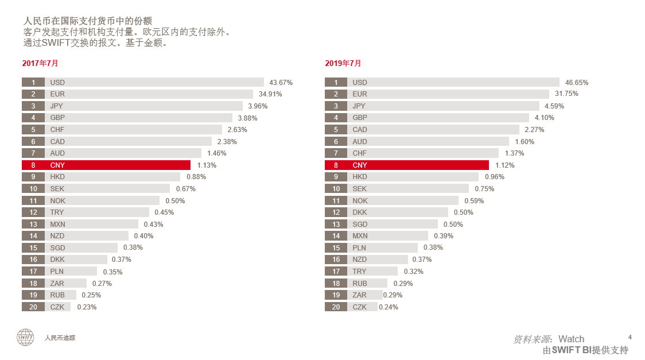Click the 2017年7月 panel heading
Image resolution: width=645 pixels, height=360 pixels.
(x=40, y=63)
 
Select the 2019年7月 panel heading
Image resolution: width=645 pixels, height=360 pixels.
(x=343, y=63)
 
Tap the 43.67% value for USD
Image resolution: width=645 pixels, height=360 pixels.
(x=281, y=82)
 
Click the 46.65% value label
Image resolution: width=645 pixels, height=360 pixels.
(x=577, y=82)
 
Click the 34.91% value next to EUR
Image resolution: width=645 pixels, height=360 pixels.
(x=270, y=94)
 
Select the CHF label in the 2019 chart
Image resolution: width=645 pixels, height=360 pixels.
(x=360, y=153)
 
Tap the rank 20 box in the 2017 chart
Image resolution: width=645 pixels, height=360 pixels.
(x=33, y=307)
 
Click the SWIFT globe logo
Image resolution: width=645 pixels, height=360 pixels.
(x=25, y=337)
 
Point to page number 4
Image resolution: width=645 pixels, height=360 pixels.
(x=630, y=336)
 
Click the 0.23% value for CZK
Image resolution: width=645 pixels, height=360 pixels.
(x=87, y=307)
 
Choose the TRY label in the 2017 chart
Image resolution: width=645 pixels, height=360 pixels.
(x=57, y=212)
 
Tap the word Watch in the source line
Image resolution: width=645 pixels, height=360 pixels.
(x=571, y=339)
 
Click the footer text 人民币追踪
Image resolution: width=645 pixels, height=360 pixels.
(x=60, y=338)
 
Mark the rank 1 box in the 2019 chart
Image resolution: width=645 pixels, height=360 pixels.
(x=336, y=82)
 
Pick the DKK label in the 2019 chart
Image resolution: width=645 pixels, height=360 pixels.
(x=360, y=212)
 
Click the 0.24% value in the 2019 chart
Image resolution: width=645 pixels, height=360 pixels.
(x=388, y=307)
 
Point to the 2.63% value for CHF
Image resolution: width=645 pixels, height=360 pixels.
(x=237, y=130)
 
